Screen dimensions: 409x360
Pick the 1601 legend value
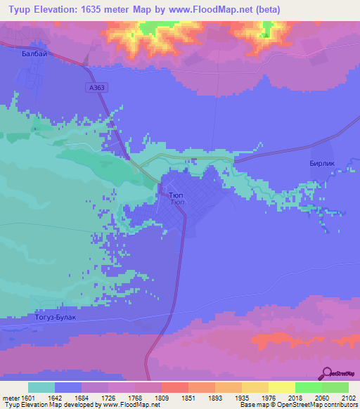(x=27, y=397)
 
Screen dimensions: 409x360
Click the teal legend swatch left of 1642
(x=41, y=387)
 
